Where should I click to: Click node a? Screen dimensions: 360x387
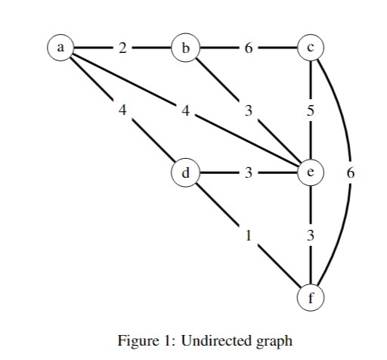[x=59, y=47]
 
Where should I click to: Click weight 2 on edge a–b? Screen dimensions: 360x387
[x=122, y=47]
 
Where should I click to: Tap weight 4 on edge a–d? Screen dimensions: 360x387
[x=122, y=110]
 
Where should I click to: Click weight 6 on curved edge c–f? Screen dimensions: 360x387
[x=349, y=172]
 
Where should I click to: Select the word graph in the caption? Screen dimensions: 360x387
[x=274, y=342]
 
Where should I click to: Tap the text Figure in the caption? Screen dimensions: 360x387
[x=136, y=342]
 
